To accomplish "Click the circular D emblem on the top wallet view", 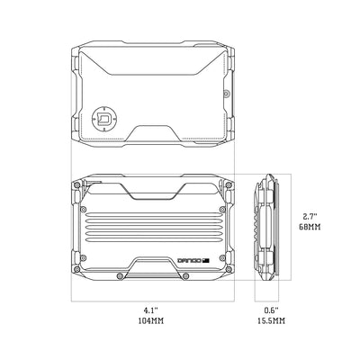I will point(103,116).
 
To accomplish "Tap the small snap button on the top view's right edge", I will point(225,92).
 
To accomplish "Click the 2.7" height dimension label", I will point(310,217).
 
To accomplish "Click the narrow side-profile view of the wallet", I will point(267,226).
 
